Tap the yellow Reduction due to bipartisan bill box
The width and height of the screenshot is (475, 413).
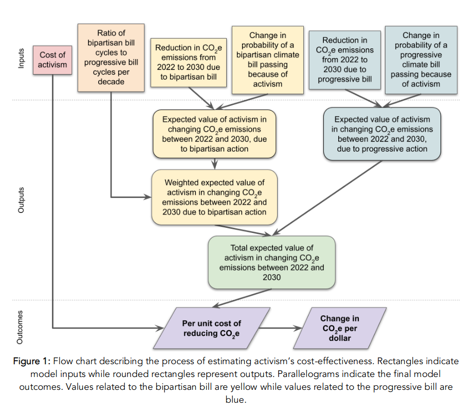(188, 63)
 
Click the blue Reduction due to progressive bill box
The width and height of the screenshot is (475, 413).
(344, 60)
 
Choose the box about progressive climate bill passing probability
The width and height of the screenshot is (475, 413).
(421, 60)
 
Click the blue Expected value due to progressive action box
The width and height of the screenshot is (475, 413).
(382, 134)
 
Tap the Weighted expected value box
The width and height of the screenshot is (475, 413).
(214, 197)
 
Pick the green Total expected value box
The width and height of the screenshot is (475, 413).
(271, 262)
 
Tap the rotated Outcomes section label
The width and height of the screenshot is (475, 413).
(21, 328)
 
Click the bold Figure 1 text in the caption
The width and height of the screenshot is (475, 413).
(32, 361)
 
